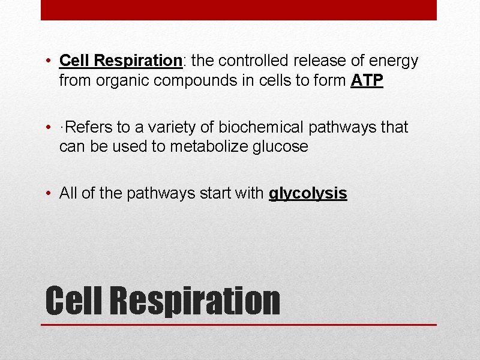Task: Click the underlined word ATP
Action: (x=366, y=80)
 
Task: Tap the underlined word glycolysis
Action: (x=308, y=193)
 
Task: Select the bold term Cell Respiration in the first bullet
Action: (x=121, y=61)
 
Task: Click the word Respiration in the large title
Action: (x=196, y=300)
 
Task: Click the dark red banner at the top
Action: (x=239, y=10)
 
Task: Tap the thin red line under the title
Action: (x=239, y=325)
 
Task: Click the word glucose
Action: (x=279, y=146)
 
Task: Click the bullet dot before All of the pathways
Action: (x=49, y=193)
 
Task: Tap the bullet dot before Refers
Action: (x=49, y=127)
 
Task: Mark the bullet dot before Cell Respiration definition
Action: (x=49, y=61)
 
